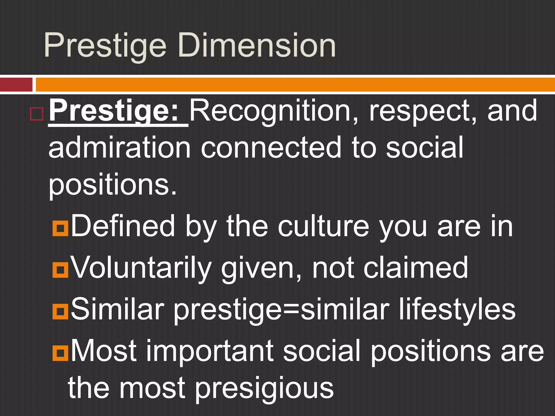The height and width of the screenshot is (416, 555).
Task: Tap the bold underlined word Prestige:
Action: (114, 111)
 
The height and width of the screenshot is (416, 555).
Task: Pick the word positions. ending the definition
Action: (112, 186)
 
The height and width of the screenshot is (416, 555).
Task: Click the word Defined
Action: (123, 226)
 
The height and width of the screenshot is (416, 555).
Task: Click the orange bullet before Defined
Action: (60, 228)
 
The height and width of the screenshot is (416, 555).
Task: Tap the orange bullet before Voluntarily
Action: (60, 270)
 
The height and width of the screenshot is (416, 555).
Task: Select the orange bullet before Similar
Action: (60, 311)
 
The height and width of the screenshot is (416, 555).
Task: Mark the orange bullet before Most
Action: (60, 353)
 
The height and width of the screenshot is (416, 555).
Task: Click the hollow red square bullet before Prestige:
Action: (37, 114)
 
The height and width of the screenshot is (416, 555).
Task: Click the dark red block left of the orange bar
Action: (16, 84)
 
